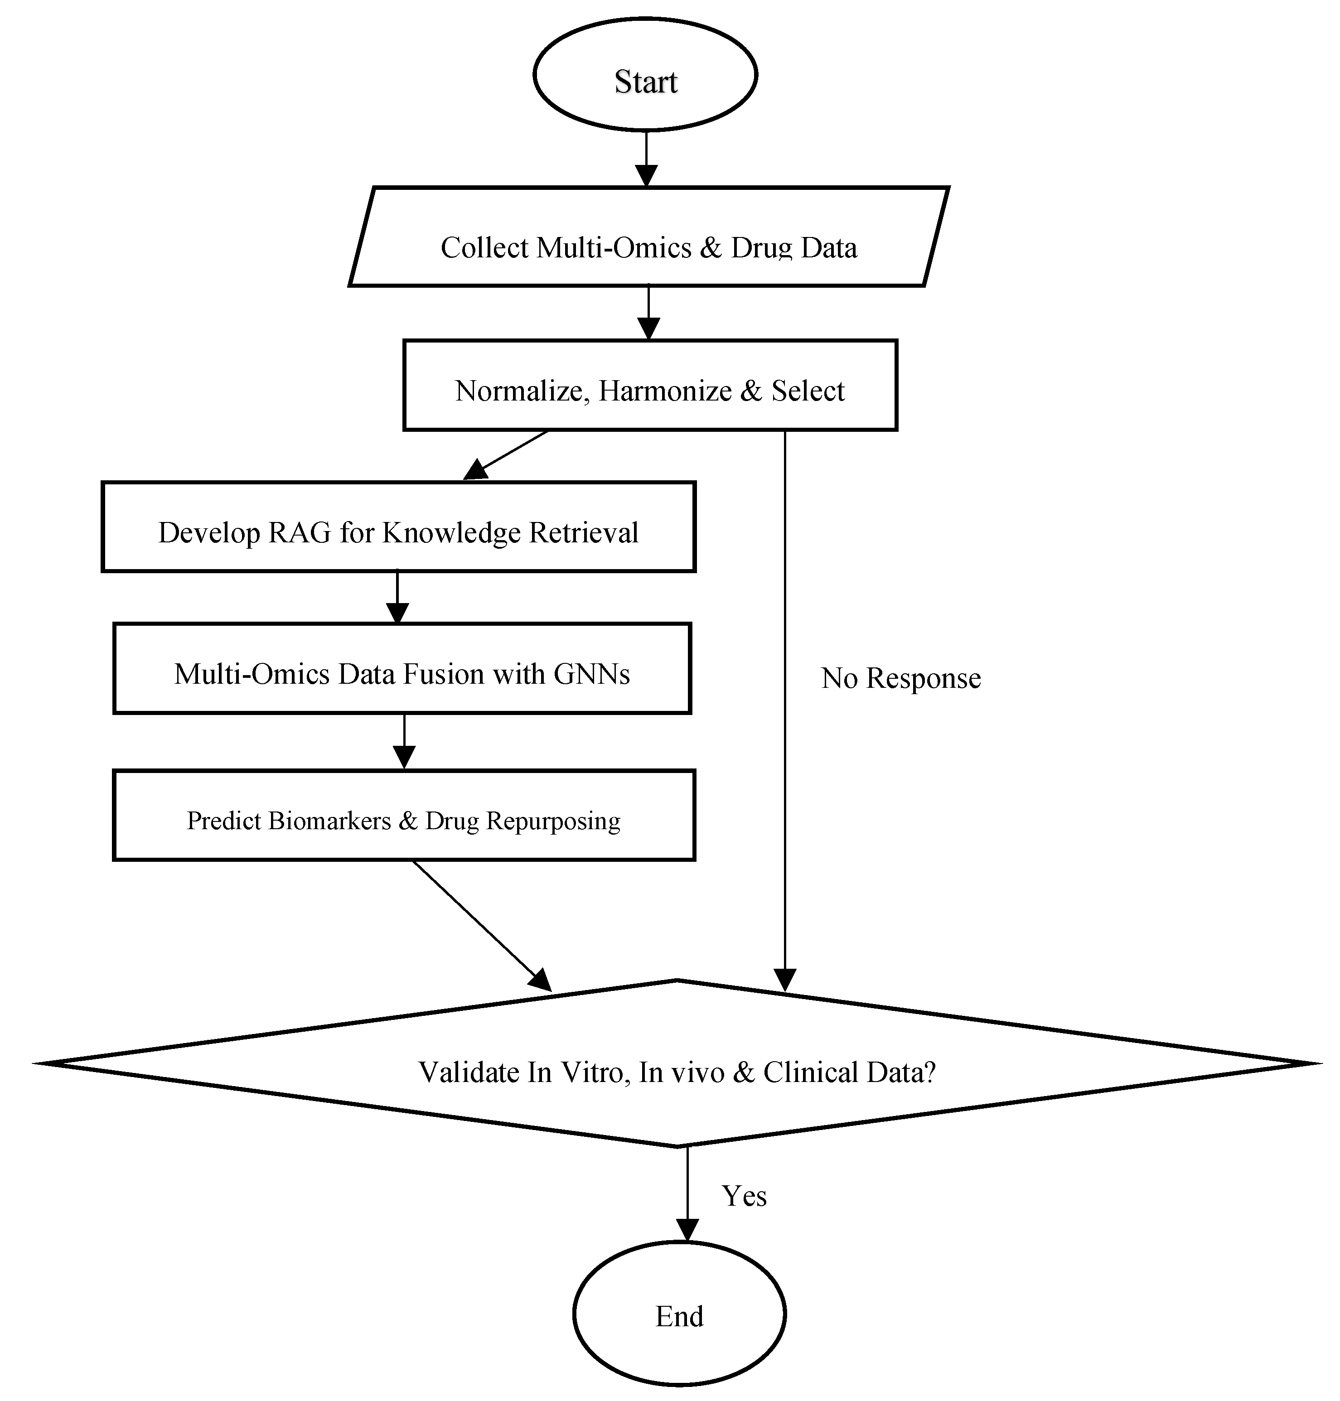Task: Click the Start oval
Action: point(645,75)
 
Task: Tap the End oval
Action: point(679,1314)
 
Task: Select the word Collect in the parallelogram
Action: point(484,248)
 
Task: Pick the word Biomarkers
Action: point(329,821)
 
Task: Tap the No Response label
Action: point(901,678)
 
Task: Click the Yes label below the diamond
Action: point(744,1196)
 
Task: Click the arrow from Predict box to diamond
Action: point(482,925)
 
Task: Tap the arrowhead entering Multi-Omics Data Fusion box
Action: point(397,613)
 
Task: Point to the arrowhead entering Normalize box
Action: point(648,329)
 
